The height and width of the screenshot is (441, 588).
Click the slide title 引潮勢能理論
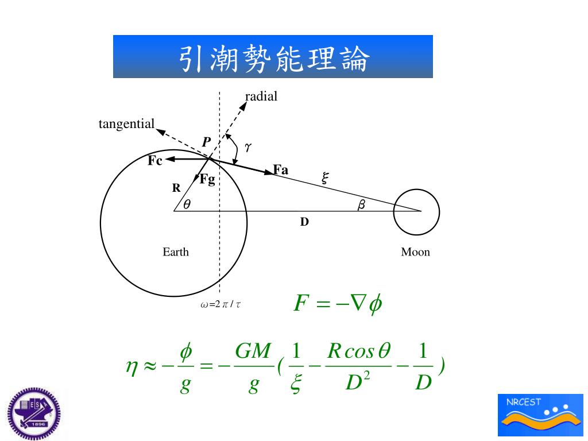click(x=273, y=57)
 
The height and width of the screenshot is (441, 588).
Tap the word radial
click(x=261, y=96)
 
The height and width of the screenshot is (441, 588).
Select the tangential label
click(x=126, y=124)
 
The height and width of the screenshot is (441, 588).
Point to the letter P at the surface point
click(x=206, y=142)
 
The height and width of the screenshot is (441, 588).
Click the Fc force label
click(x=155, y=161)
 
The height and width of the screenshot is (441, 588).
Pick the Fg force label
click(x=207, y=179)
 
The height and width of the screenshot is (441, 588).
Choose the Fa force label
click(x=281, y=169)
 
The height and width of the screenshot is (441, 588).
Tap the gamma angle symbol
click(x=248, y=148)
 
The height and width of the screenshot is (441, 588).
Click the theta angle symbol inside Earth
click(x=187, y=204)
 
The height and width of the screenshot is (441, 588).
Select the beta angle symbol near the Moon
click(x=361, y=204)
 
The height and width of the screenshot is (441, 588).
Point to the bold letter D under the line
click(x=304, y=222)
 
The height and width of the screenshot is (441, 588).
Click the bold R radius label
click(x=176, y=188)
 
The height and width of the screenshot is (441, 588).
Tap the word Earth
click(x=176, y=252)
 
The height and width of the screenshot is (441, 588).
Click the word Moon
click(x=415, y=252)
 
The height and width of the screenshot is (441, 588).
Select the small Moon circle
click(x=416, y=212)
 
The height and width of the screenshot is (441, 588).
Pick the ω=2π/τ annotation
click(x=220, y=304)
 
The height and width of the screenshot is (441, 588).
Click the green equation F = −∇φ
click(x=338, y=303)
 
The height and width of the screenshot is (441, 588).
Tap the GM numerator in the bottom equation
click(x=253, y=351)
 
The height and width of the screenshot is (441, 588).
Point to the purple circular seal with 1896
click(x=34, y=413)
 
